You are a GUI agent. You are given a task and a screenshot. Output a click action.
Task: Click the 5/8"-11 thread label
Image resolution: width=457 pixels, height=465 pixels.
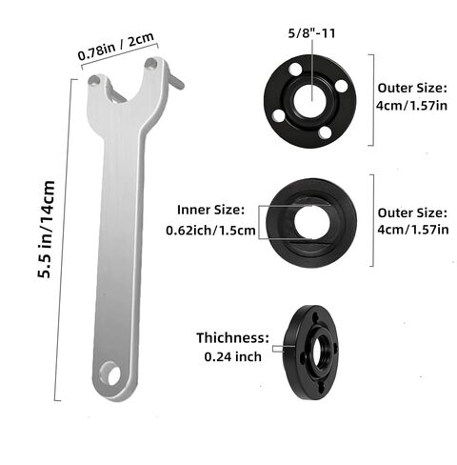coord(311,33)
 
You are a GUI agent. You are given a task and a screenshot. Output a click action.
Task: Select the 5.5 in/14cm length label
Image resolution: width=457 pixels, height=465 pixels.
coord(47,230)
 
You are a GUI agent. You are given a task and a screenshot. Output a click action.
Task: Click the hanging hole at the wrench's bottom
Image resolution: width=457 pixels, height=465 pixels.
coord(109,374)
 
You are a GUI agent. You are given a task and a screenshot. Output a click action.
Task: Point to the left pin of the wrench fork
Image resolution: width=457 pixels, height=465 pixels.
coord(94,81)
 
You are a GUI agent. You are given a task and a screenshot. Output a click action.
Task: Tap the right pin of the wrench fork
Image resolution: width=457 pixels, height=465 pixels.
coord(151,64)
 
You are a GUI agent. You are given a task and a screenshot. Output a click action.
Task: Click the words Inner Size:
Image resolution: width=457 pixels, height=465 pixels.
coord(211,210)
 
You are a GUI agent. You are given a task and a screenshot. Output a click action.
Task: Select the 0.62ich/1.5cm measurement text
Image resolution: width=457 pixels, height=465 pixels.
coord(210,231)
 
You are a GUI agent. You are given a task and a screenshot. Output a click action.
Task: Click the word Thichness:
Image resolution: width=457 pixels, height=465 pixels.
coord(232,337)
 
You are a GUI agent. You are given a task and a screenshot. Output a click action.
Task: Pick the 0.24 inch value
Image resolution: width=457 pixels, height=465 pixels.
coord(233,356)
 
